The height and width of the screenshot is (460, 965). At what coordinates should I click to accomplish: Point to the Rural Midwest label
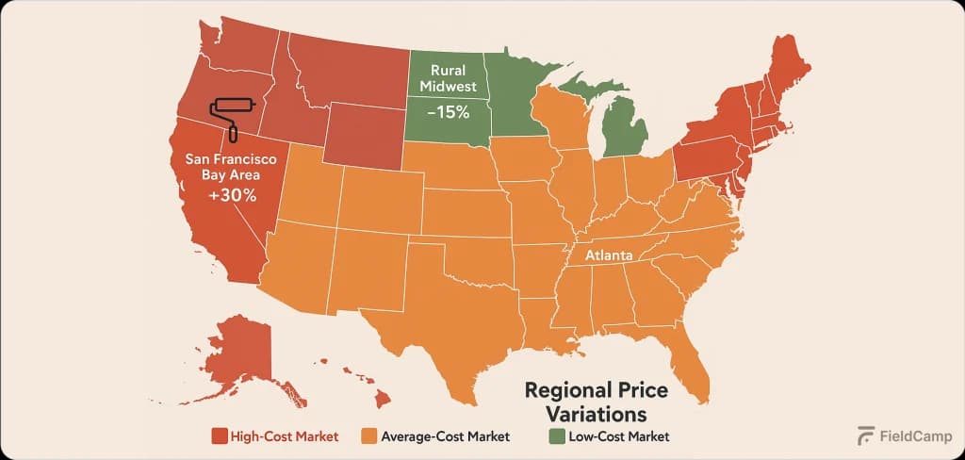point(448,78)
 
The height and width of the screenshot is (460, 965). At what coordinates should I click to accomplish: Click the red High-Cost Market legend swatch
point(219,436)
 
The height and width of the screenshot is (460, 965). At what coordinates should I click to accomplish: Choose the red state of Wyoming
point(367,137)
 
